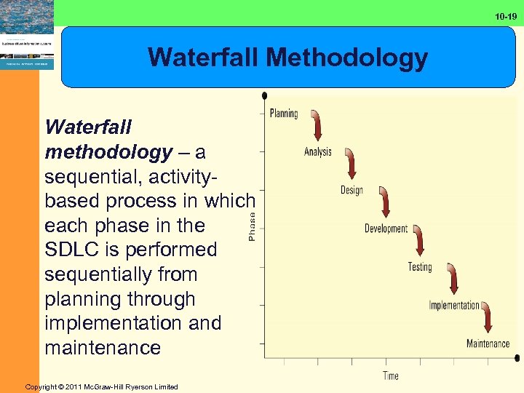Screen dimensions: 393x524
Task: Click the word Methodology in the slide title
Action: coord(349,57)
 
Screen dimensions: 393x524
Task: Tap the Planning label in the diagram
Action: coord(284,113)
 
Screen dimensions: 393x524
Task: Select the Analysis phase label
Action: coord(317,151)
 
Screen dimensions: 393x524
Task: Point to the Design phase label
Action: coord(352,190)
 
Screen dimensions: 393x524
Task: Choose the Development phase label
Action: coord(386,229)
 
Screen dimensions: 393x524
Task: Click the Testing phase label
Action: coord(420,267)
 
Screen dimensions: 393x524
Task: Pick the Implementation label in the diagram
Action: coord(454,306)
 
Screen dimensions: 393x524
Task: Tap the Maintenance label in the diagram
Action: coord(488,344)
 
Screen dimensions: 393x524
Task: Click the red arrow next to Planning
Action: coord(317,124)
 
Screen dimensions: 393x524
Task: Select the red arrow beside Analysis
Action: coord(352,163)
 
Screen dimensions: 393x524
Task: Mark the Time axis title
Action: coord(391,376)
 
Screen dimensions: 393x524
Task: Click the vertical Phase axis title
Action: coord(252,226)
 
